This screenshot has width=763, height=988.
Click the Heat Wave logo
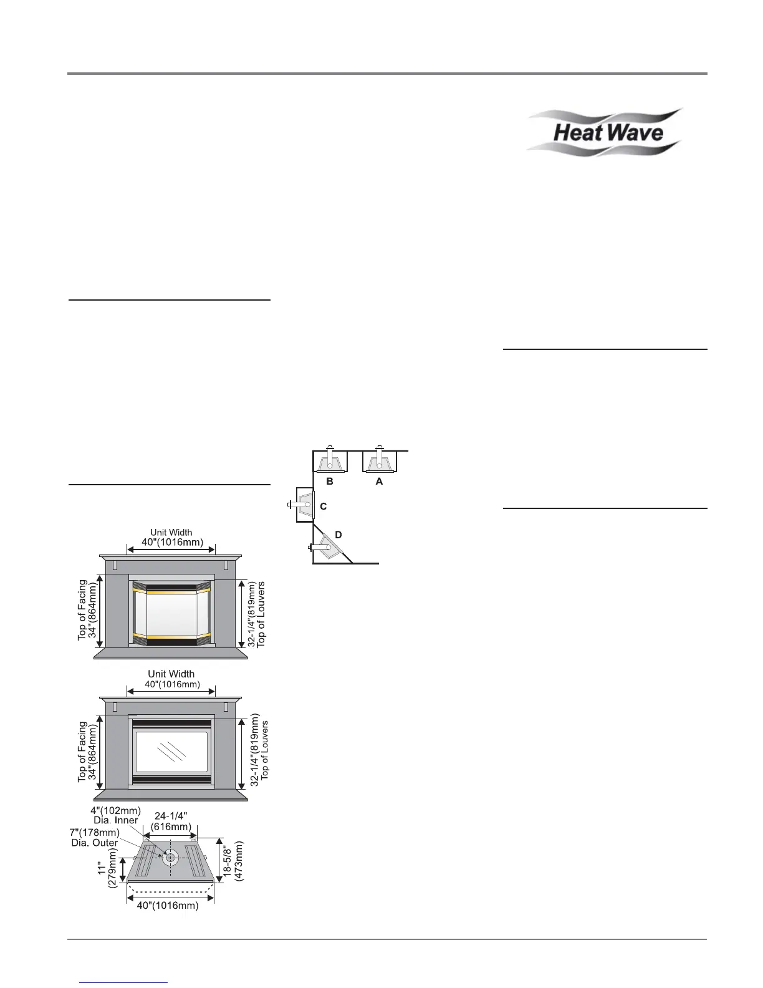(x=604, y=132)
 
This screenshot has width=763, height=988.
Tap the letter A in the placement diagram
(x=379, y=482)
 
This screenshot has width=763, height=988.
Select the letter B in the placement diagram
(x=330, y=482)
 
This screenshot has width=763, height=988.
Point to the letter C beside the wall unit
(x=323, y=507)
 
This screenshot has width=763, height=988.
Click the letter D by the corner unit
(x=338, y=535)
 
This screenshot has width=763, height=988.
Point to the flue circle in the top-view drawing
(x=170, y=858)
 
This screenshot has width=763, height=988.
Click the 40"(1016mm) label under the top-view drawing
(x=168, y=906)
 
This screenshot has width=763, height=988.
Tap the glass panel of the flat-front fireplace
(x=171, y=752)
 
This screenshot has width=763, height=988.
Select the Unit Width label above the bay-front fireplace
(x=171, y=537)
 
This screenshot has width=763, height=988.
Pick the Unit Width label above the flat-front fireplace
(x=171, y=679)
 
